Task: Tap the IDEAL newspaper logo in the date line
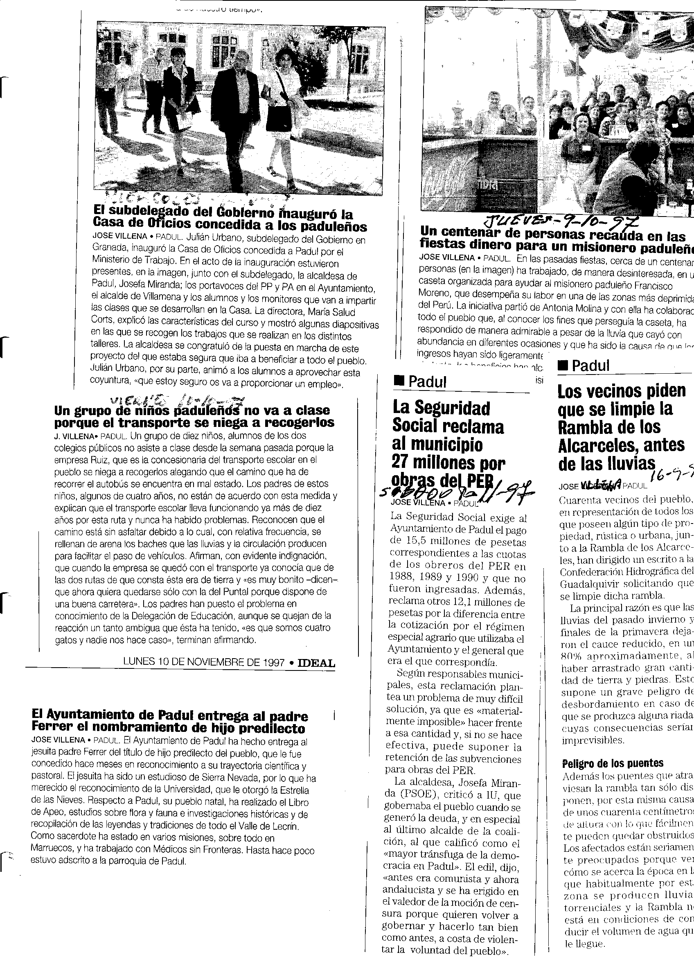(x=316, y=663)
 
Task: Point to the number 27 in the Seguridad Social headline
(x=403, y=463)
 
